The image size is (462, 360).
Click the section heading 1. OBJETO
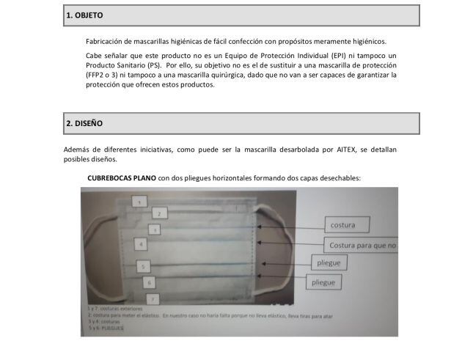click(x=84, y=15)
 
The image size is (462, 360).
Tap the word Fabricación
click(x=106, y=41)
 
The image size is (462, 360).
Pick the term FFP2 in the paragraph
click(x=96, y=75)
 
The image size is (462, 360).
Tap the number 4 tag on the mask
click(x=139, y=243)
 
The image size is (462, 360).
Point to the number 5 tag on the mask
click(x=144, y=266)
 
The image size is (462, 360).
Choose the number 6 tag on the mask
click(x=150, y=282)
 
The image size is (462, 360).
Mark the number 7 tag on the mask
click(x=151, y=298)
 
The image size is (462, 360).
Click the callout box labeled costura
click(x=348, y=225)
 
